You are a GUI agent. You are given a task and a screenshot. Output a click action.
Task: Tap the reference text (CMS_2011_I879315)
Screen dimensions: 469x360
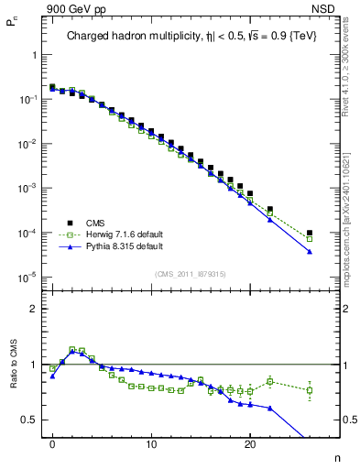pos(191,273)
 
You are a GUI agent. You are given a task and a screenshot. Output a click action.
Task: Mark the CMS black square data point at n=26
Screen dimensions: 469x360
pos(310,233)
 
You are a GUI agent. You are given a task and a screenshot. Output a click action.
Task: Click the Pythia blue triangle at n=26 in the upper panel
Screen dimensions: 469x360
pos(310,251)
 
